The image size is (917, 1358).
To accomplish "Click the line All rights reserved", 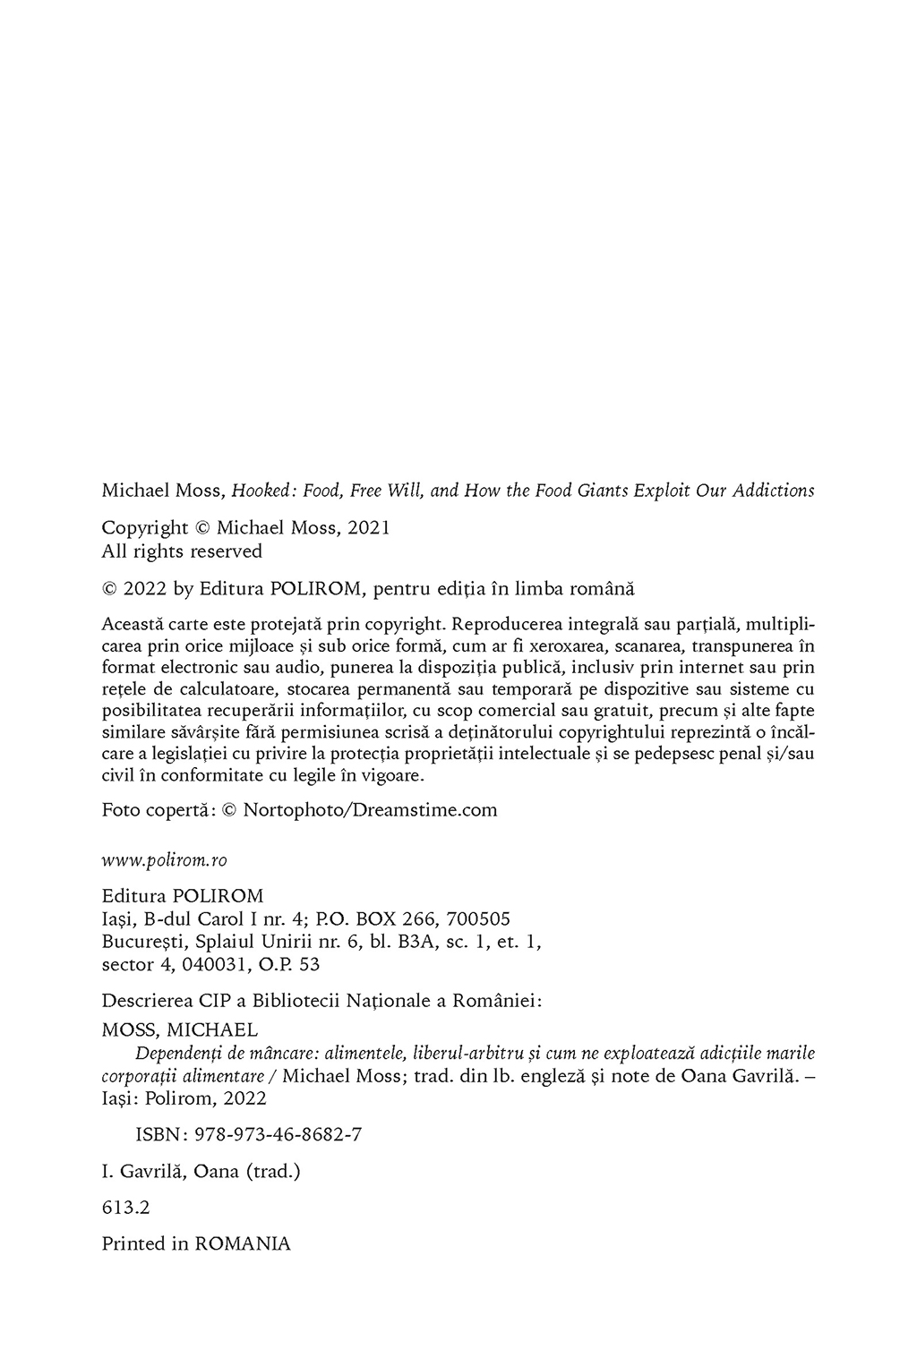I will [182, 551].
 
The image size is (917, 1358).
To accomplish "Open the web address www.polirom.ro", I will [164, 860].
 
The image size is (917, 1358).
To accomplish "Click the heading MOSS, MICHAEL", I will [180, 1030].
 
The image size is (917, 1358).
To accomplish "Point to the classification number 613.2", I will [125, 1208].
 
